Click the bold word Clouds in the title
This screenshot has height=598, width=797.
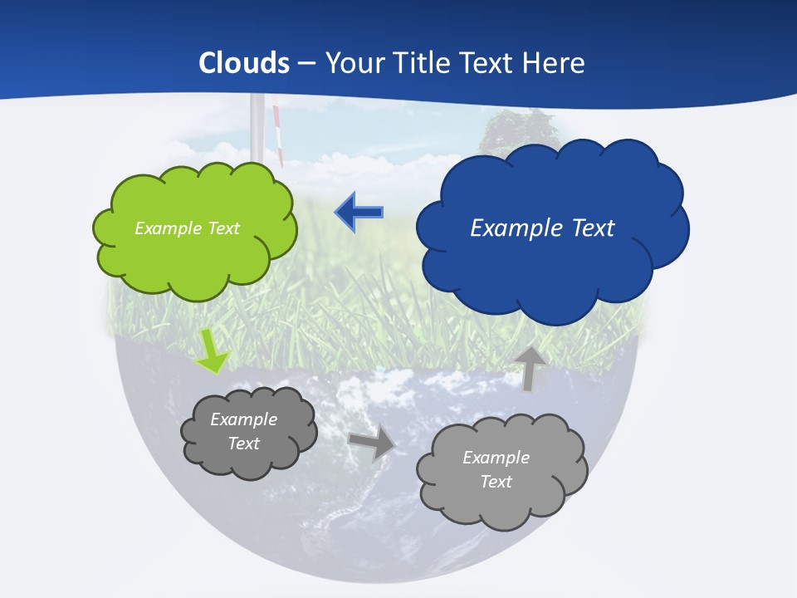[244, 63]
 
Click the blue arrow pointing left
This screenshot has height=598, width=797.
[359, 213]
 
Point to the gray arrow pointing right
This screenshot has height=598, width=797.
[372, 443]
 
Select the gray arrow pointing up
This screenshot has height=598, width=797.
[529, 368]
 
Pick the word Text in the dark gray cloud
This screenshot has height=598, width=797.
[244, 444]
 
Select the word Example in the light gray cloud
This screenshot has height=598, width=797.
[496, 458]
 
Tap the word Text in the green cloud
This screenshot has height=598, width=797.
[223, 228]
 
